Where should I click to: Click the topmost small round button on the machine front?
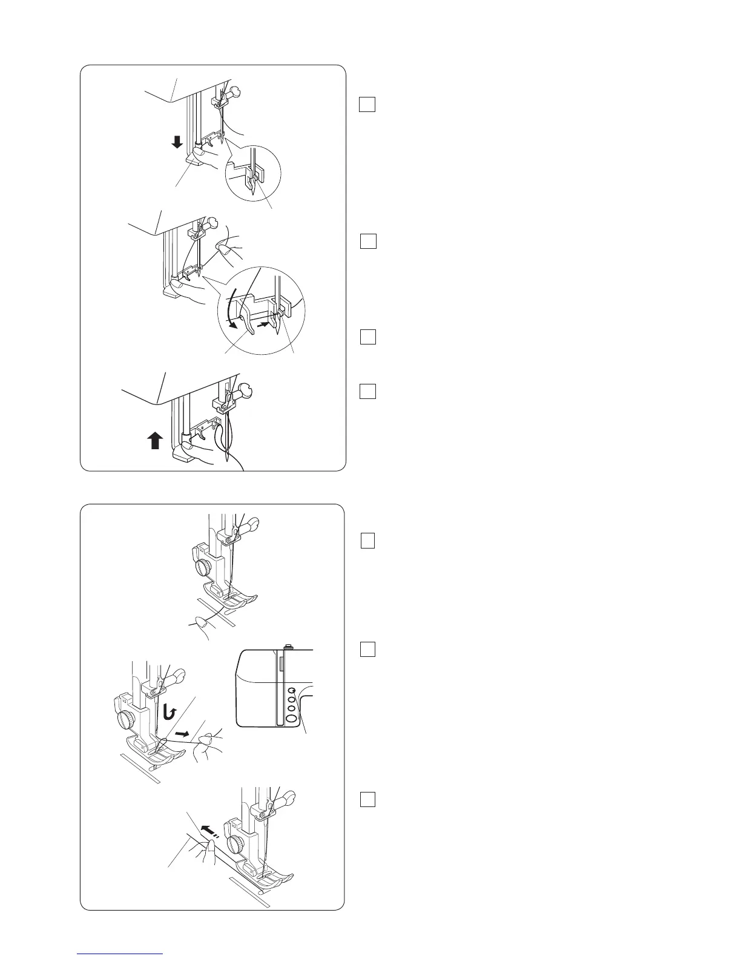tap(291, 690)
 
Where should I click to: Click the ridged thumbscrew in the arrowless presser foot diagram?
tap(203, 567)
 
